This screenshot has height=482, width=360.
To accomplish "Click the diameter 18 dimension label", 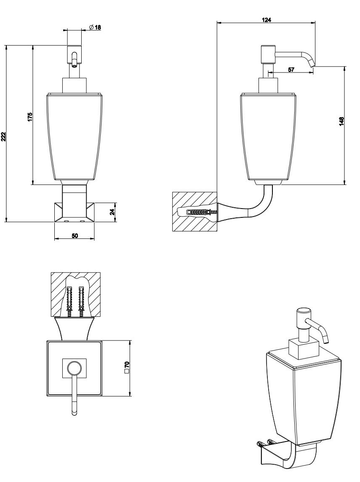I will [x=95, y=28].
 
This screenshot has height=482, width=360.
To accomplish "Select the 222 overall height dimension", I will [x=3, y=136].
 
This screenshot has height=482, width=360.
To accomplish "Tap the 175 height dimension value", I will [x=30, y=117].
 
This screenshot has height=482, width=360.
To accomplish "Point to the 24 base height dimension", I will [x=112, y=212].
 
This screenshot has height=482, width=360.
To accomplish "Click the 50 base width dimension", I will [x=74, y=236].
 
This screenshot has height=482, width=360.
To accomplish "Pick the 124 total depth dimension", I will [x=266, y=20].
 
